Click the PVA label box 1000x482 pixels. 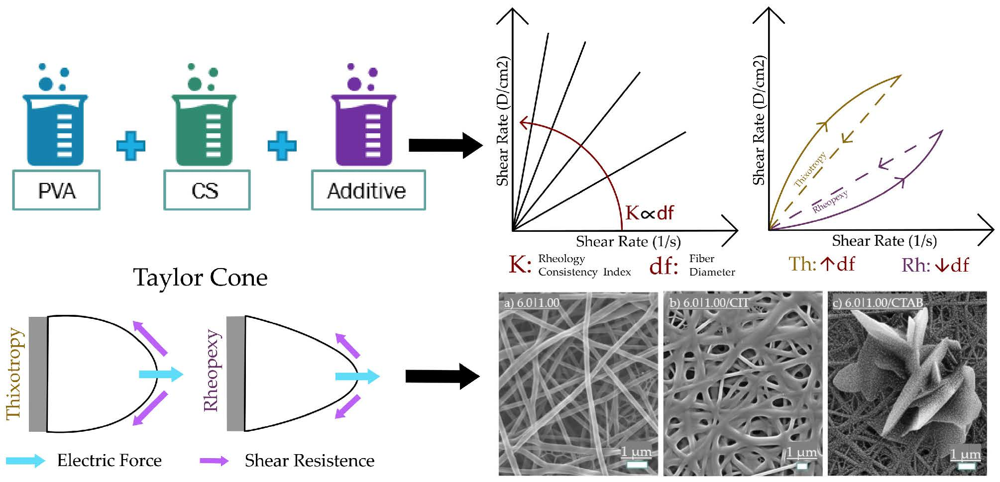tap(56, 191)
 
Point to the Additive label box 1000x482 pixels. tap(368, 191)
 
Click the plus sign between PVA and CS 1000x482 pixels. tap(131, 146)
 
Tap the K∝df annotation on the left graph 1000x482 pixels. tap(649, 213)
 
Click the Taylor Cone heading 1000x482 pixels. tap(200, 278)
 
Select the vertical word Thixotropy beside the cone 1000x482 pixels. tap(14, 373)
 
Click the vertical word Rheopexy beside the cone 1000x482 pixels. tap(211, 371)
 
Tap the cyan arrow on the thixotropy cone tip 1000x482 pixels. tap(161, 374)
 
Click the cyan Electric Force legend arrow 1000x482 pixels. tap(25, 460)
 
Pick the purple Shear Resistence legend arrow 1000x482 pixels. tap(214, 461)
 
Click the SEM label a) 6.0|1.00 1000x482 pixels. tap(532, 302)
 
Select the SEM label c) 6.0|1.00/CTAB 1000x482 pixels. tap(878, 302)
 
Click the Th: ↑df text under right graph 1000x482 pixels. tap(821, 265)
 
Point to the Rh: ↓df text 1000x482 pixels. tap(935, 265)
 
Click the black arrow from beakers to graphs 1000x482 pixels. tap(445, 145)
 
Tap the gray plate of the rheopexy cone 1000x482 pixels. tap(235, 374)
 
